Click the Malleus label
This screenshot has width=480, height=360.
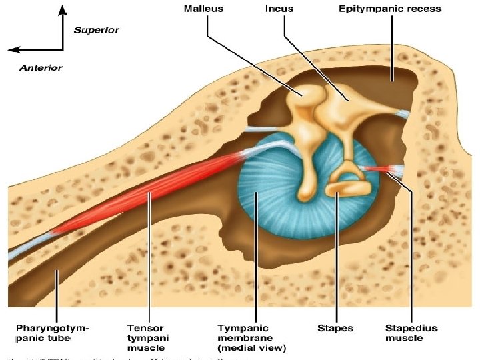(x=204, y=9)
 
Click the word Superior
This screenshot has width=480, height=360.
(x=96, y=31)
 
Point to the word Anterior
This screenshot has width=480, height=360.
(x=41, y=67)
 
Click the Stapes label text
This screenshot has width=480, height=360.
(x=335, y=328)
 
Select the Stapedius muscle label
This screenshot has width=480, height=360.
(x=411, y=333)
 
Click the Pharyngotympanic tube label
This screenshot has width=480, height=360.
(x=53, y=333)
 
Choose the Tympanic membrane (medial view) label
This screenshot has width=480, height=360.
(x=252, y=337)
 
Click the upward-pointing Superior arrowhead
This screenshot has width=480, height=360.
(x=63, y=9)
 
